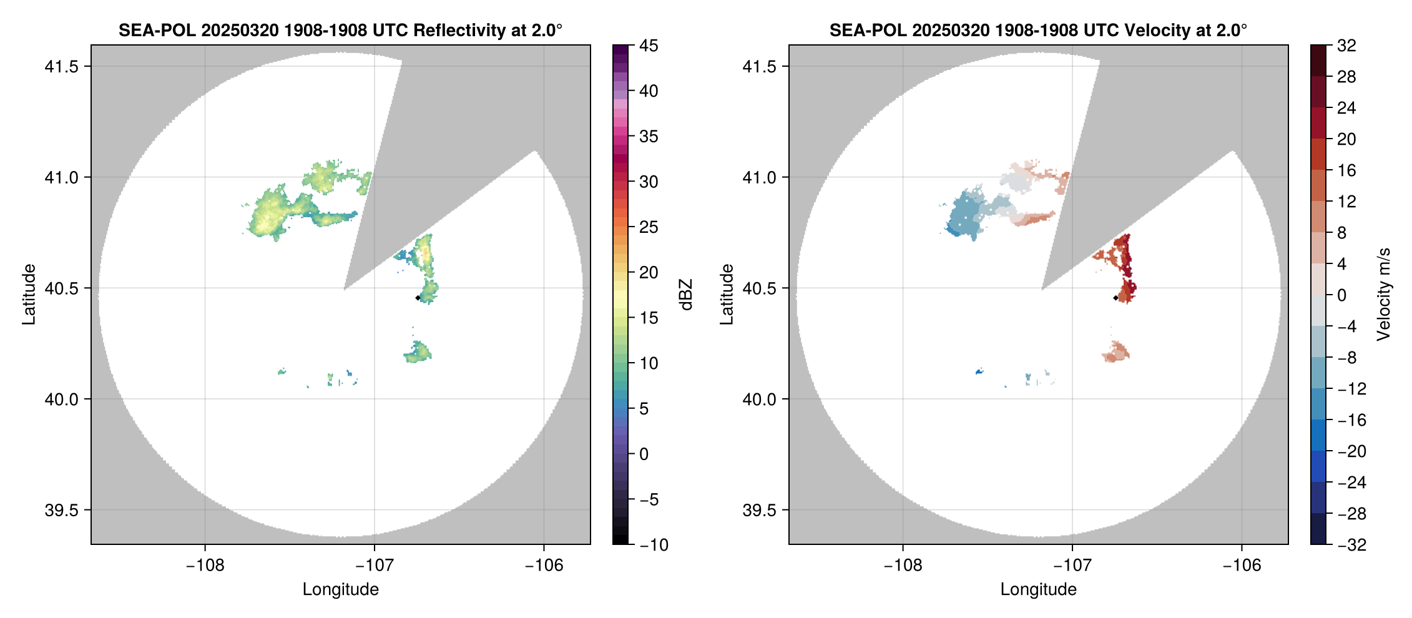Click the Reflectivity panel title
pos(340,30)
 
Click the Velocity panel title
pos(1038,30)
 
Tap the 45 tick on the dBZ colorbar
pos(649,46)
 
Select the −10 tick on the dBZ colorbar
pos(654,545)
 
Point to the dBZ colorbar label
pos(686,295)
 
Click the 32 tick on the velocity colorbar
pos(1346,46)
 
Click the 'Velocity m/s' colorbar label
pos(1384,295)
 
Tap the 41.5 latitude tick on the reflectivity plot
pos(61,66)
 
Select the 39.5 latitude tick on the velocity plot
pos(759,510)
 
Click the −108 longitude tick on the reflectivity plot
pos(205,566)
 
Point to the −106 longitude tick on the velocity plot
pos(1242,566)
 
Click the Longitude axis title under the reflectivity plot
pos(340,589)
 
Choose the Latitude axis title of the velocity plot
pos(726,295)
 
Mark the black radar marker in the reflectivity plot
pos(418,298)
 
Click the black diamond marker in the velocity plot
pos(1115,298)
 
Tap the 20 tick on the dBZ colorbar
pos(649,272)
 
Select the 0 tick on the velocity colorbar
pos(1341,295)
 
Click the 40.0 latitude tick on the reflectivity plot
pos(61,399)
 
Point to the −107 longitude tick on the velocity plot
pos(1072,566)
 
